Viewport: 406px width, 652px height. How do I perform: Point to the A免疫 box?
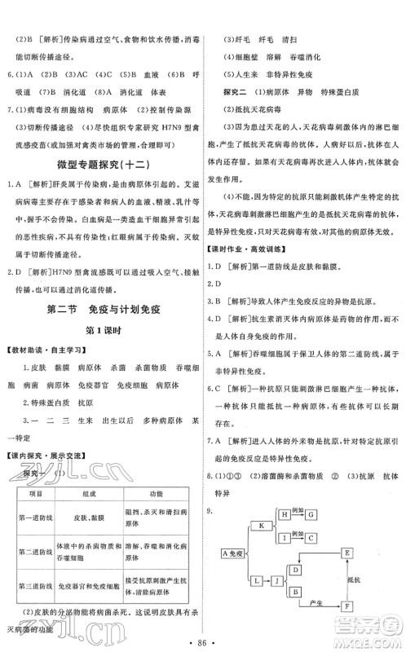(233, 554)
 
